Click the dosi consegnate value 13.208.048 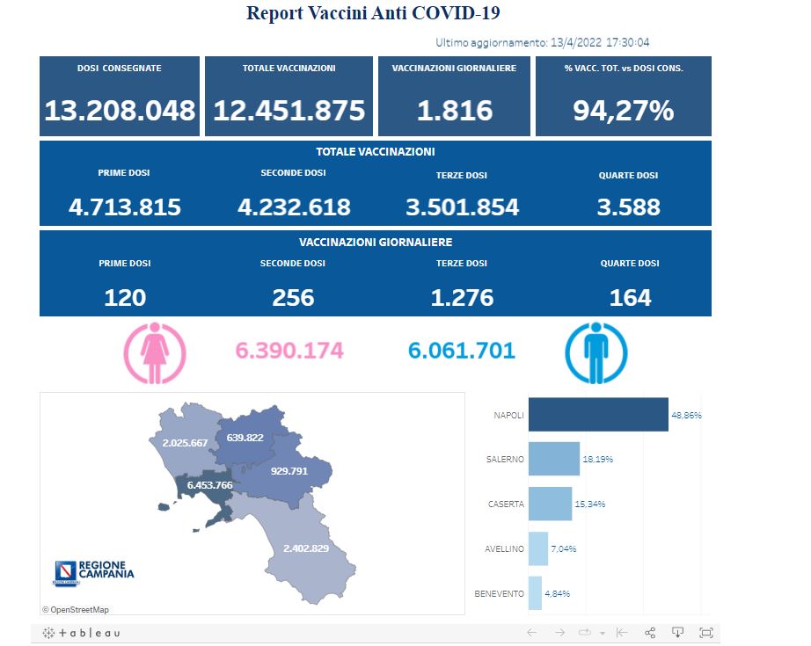tap(120, 111)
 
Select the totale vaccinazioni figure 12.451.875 tap(289, 111)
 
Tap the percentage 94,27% tap(623, 111)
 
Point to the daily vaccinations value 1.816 tap(454, 111)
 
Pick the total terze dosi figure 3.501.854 tap(462, 207)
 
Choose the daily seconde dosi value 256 tap(293, 297)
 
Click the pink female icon tap(155, 353)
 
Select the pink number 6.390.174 tap(289, 352)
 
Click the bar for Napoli tap(597, 415)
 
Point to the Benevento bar tap(534, 593)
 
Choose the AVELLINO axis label tap(504, 549)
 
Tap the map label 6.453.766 tap(209, 485)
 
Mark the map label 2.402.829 tap(305, 549)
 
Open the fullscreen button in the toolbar tap(705, 633)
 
